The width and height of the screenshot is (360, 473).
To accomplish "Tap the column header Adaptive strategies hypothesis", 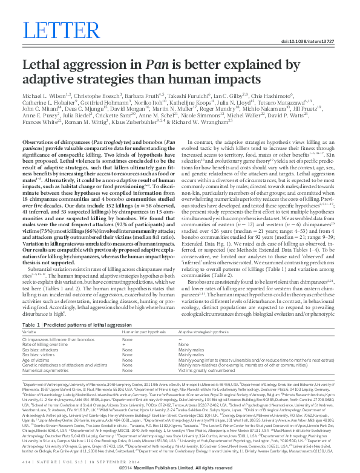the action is (x=203, y=332).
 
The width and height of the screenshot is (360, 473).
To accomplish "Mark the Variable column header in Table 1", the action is (x=28, y=332).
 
